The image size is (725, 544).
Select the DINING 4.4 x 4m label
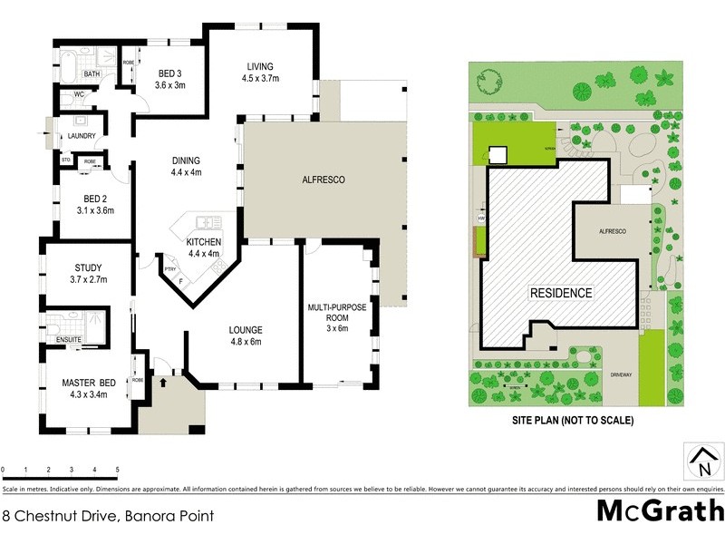[x=186, y=166]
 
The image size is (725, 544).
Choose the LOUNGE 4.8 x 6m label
[x=246, y=335]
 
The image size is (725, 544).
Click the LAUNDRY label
[x=82, y=137]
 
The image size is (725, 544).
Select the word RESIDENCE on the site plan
[x=561, y=293]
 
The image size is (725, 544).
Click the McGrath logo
[x=660, y=510]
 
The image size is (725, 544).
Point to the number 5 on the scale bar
[x=117, y=470]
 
